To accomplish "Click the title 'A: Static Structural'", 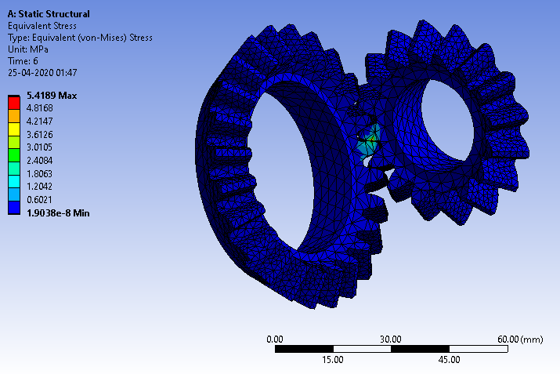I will point(48,14).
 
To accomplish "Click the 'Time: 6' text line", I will point(24,60).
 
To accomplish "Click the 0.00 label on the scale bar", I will point(275,339).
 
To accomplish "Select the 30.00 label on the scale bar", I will point(391,339).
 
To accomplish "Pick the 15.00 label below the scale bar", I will point(333,360).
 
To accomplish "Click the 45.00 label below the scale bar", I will point(449,360).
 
